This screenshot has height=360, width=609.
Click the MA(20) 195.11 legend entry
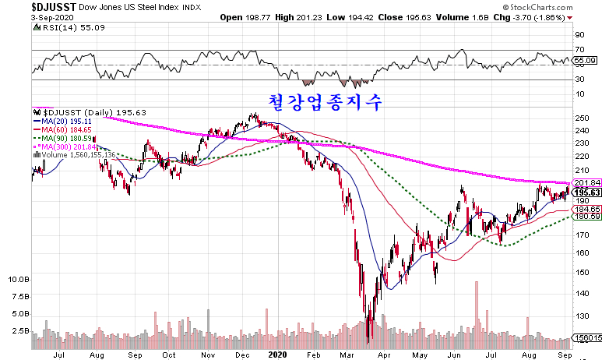(61, 122)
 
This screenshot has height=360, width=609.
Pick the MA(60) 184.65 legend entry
(62, 130)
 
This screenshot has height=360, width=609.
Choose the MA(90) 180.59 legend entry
(62, 139)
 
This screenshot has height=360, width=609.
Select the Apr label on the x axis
(383, 353)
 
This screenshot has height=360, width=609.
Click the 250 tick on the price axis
(580, 118)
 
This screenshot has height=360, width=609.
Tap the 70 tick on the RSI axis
(579, 50)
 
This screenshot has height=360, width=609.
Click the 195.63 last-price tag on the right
(585, 192)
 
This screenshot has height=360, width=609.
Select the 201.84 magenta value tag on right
(585, 182)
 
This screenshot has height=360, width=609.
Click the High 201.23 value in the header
(329, 16)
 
